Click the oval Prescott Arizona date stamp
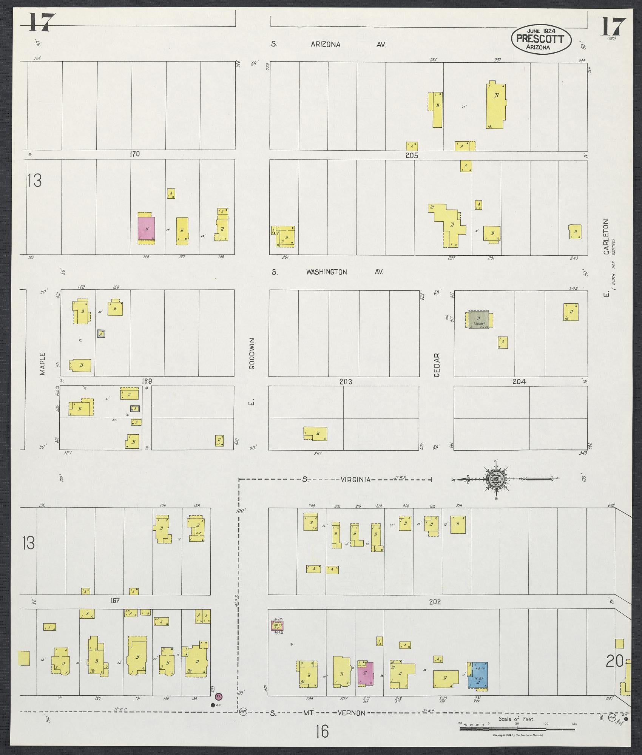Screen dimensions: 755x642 pos(541,39)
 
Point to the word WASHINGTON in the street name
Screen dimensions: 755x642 pos(327,272)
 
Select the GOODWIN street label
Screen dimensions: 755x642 pos(252,354)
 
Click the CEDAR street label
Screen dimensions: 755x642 pos(437,365)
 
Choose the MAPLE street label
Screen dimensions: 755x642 pos(42,364)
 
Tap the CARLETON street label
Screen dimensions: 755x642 pos(606,237)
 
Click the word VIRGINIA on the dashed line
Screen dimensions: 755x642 pos(355,480)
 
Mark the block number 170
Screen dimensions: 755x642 pos(135,154)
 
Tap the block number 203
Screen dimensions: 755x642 pos(346,382)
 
